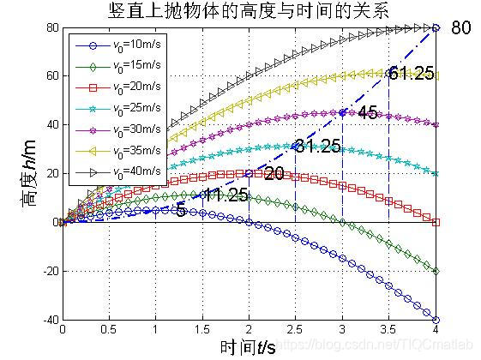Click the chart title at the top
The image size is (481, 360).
coord(249,11)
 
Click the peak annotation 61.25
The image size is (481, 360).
coord(411,73)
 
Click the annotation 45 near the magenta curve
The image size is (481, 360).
coord(368,113)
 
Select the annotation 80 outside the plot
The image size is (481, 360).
coord(461,27)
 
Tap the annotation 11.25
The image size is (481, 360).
coord(225,195)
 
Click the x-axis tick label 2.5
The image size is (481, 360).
coord(296,329)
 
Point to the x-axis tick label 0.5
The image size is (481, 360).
coord(109,329)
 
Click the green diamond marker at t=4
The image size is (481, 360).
coord(436,272)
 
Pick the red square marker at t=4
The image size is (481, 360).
coord(436,223)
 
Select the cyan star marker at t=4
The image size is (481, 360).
coord(436,174)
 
